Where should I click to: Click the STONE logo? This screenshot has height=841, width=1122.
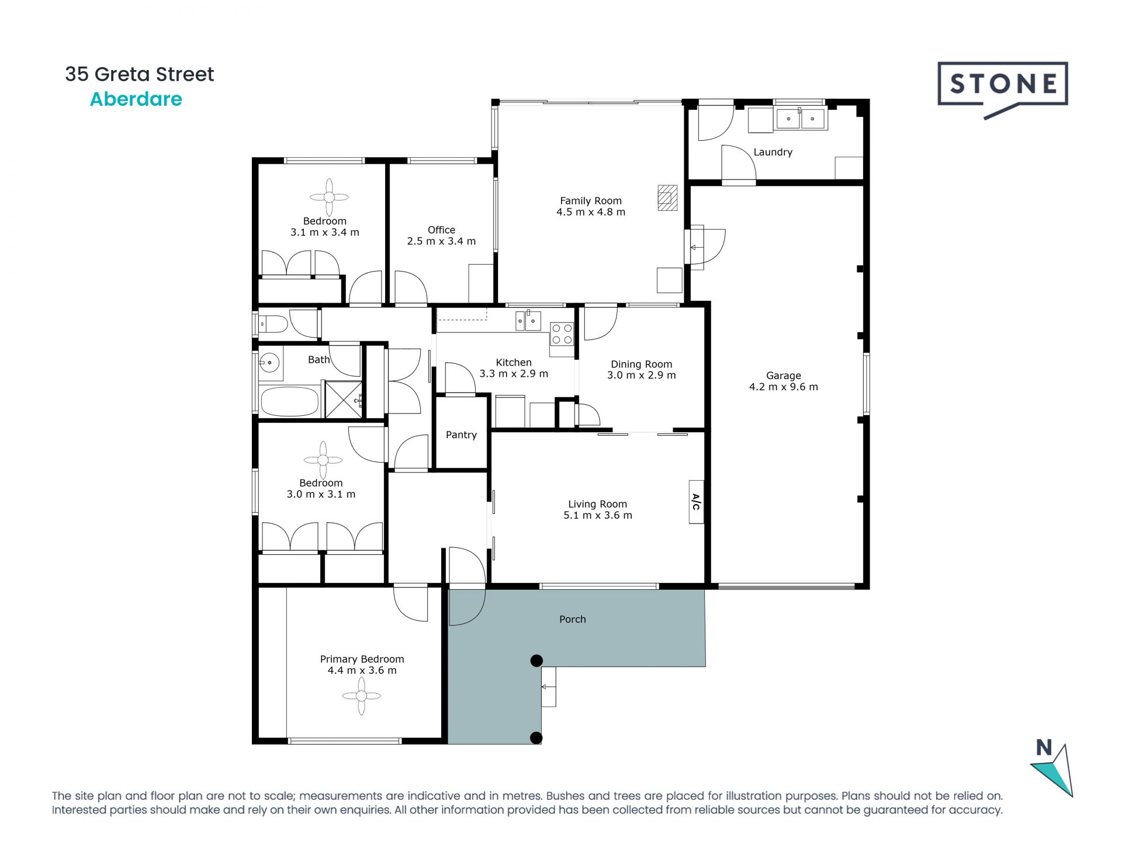coord(1003,85)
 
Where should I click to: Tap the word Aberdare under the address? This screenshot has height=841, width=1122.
coord(136,99)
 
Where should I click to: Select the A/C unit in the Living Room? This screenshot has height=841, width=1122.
coord(696,502)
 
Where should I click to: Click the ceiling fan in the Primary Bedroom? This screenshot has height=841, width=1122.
coord(361,696)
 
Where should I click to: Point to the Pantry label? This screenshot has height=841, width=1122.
coord(461,435)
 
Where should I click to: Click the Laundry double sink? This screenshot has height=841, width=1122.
coord(800,119)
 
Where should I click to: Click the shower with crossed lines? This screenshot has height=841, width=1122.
coord(343,399)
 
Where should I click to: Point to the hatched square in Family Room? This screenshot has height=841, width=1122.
coord(667,197)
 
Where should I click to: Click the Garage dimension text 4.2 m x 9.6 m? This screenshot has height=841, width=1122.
coord(783,387)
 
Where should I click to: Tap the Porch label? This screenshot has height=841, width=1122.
coord(572,619)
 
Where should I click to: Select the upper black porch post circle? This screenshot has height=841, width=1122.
coord(536,661)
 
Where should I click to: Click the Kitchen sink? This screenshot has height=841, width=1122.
coord(528,321)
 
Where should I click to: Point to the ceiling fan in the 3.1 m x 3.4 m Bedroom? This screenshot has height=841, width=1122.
coord(329,197)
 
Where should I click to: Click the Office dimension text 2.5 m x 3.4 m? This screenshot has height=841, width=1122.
coord(441,241)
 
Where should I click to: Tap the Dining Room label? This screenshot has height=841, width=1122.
coord(641,364)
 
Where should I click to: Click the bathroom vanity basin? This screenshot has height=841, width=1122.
coord(269,363)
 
